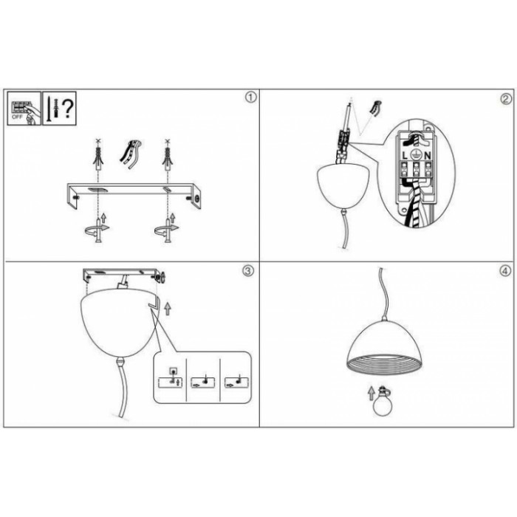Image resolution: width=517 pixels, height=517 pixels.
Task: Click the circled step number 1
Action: click(x=250, y=97)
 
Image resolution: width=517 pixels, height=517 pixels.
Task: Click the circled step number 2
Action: click(x=507, y=99)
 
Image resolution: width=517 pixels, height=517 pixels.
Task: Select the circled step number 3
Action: click(x=248, y=271)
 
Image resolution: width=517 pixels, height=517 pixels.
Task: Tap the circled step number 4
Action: click(x=504, y=271)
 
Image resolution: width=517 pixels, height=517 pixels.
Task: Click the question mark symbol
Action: click(x=68, y=109)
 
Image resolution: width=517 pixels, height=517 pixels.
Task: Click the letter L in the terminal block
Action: click(x=405, y=155)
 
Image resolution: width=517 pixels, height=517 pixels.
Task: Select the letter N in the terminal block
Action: click(x=428, y=155)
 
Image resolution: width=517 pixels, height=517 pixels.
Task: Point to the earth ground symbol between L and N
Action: click(x=416, y=155)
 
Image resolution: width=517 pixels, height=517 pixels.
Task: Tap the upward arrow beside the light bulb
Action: click(x=372, y=394)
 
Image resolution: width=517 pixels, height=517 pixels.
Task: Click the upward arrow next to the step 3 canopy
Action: click(x=168, y=308)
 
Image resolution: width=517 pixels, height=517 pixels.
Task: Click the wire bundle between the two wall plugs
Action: click(x=130, y=154)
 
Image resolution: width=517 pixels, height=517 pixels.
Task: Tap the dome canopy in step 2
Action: click(x=343, y=186)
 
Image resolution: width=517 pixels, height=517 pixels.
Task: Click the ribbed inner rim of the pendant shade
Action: click(x=385, y=364)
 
